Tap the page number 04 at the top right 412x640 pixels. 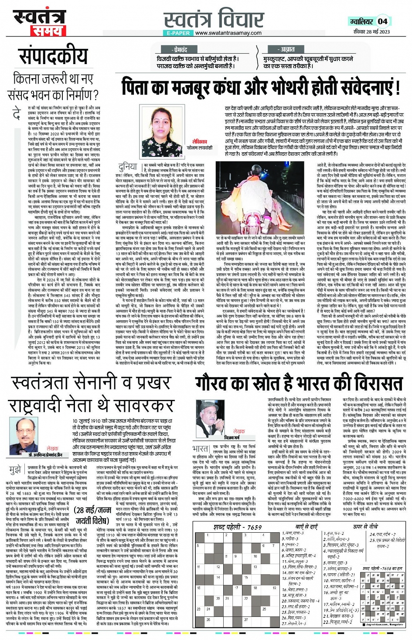382,21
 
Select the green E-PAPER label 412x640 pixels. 178,33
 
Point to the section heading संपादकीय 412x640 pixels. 53,56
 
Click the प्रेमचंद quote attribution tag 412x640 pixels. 180,50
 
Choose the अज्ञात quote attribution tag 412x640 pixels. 288,50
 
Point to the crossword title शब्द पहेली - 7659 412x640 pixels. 236,527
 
